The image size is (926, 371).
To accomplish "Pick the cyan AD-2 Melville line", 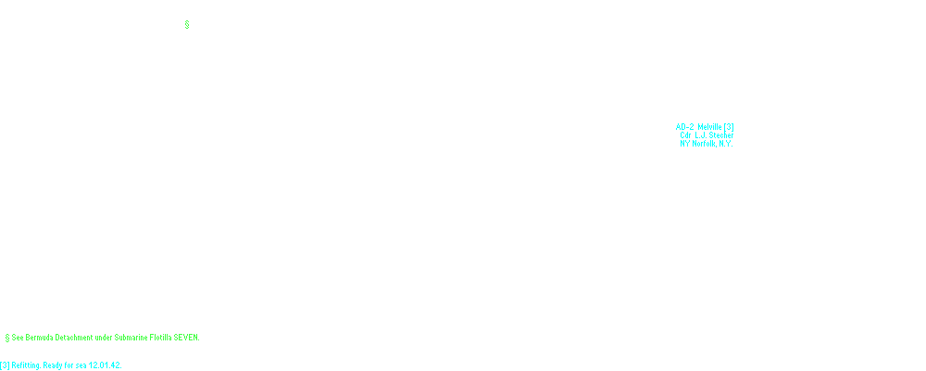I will [706, 126].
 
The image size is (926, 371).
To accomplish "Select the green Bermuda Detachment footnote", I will [102, 337].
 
